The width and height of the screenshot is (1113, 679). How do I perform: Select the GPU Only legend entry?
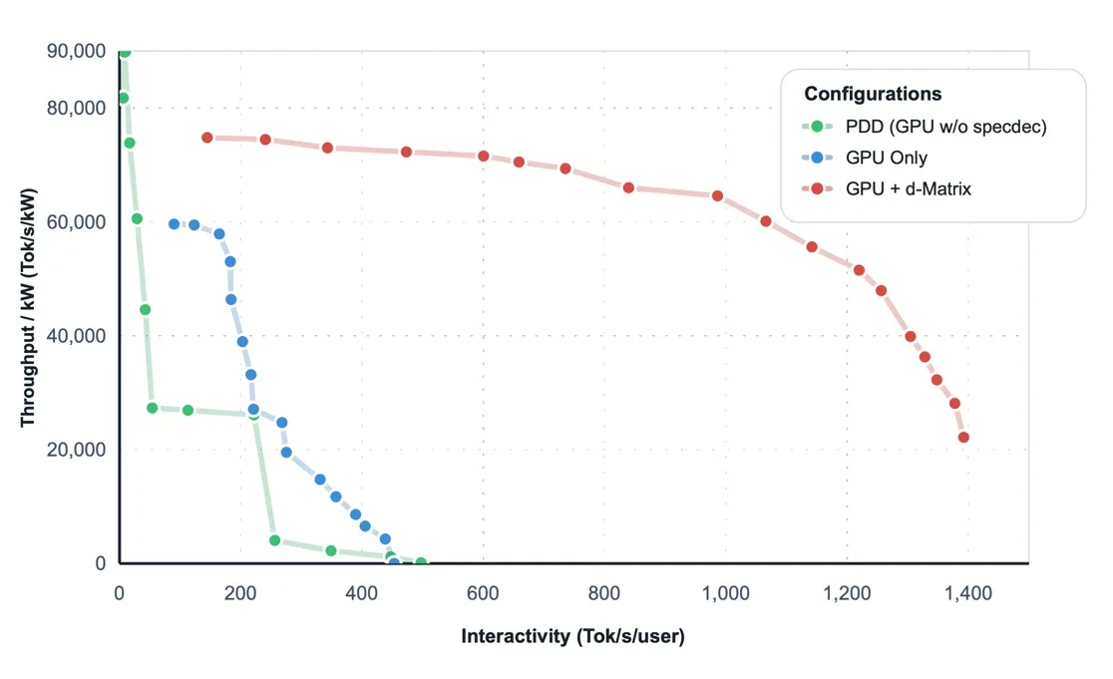pos(886,158)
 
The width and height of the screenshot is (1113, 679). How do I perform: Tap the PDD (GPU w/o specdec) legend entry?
pos(945,127)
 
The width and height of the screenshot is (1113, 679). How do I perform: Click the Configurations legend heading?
pos(873,94)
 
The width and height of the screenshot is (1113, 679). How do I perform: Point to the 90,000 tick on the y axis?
pos(77,51)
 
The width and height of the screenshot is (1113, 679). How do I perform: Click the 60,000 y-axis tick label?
pos(77,221)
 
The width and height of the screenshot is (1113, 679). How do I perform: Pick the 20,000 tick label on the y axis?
pos(77,450)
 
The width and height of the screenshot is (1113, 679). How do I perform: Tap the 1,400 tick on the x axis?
pos(967,594)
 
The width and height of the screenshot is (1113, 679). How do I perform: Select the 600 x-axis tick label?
pos(484,594)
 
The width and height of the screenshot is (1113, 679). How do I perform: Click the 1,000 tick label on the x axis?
pos(725,594)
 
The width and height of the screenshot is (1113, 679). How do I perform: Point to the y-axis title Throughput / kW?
pos(28,307)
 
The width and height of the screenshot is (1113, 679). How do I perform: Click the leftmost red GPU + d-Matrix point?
pos(207,138)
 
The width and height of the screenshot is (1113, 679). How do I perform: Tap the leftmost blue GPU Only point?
pos(175,224)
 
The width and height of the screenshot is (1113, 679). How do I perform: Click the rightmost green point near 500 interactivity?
pos(421,562)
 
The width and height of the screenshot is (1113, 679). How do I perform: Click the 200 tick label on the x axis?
pos(240,594)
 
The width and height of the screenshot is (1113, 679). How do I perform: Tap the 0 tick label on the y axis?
pos(100,563)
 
